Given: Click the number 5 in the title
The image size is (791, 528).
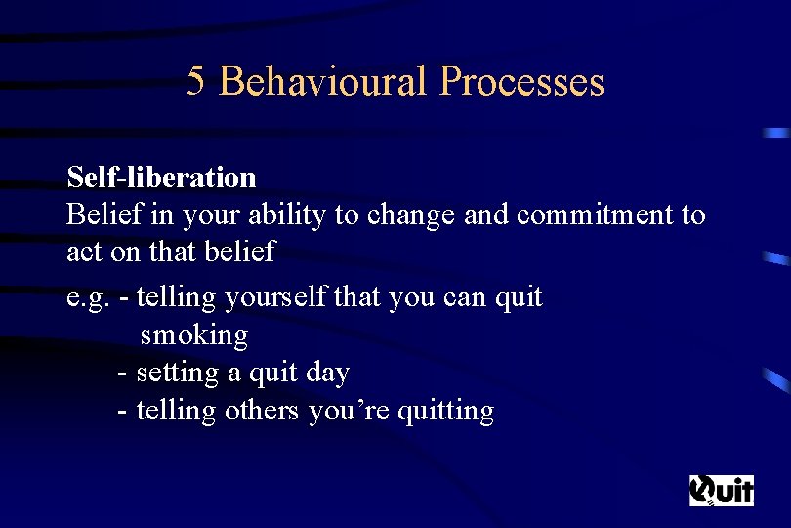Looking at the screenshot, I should pos(196,81).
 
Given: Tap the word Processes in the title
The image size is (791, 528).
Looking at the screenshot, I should pos(521,81).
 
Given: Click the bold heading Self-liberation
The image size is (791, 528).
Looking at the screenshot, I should pos(161,177).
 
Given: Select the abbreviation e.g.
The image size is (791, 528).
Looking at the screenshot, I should pos(87,297).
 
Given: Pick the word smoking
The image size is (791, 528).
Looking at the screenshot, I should pos(194,335).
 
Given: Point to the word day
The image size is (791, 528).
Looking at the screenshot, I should pos(327,373).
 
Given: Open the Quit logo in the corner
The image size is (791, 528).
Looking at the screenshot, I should pos(722,489).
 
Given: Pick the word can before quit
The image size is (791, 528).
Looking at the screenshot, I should pos(464,297).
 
